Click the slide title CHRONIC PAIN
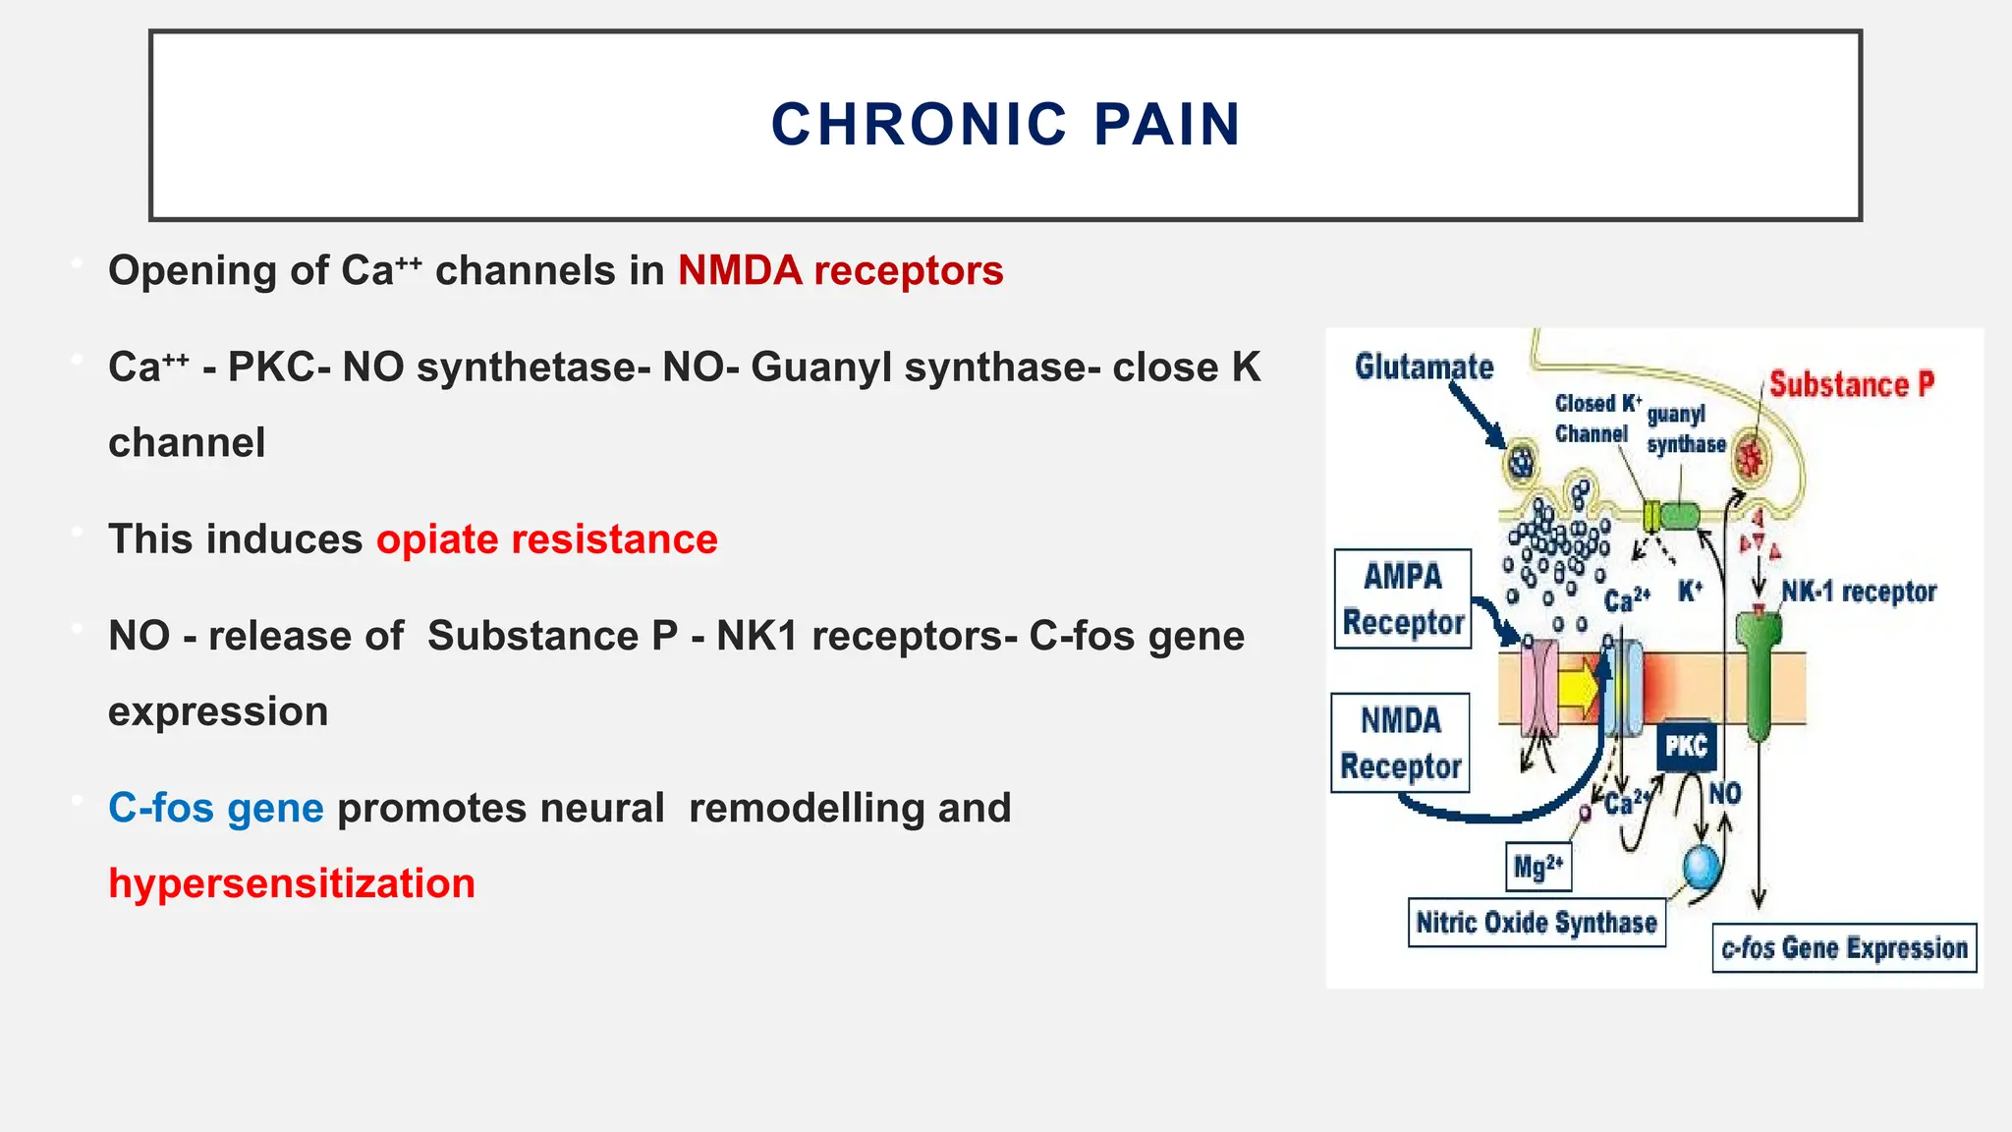[x=1005, y=125]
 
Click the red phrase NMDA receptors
[x=840, y=270]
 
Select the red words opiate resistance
[x=546, y=539]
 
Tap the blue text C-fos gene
[x=215, y=808]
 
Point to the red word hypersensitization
[x=292, y=883]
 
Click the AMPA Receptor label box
[x=1403, y=599]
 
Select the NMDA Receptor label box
[x=1401, y=743]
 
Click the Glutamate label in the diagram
[x=1424, y=367]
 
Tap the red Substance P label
[x=1851, y=384]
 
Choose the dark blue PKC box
[x=1686, y=747]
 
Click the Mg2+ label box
[x=1537, y=867]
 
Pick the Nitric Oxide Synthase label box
[x=1537, y=923]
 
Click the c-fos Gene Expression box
[x=1844, y=948]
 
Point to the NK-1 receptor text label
[x=1858, y=592]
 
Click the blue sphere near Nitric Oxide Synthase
[x=1702, y=866]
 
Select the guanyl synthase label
[x=1685, y=429]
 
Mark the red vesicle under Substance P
[x=1749, y=456]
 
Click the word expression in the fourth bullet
[x=218, y=711]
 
